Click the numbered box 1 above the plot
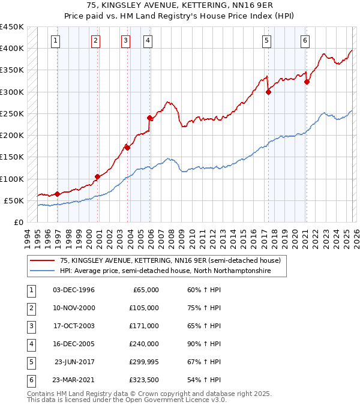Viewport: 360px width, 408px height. [x=55, y=41]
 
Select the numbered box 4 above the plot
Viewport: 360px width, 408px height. [x=147, y=41]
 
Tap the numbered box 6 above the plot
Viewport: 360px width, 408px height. [x=305, y=41]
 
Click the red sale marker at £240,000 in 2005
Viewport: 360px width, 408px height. [x=150, y=118]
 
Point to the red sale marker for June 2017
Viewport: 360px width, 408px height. [x=268, y=92]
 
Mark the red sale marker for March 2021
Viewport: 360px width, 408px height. [x=307, y=82]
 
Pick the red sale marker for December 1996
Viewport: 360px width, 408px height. [x=58, y=194]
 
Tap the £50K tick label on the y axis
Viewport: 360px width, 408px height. [x=14, y=200]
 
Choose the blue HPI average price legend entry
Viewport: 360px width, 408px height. [x=165, y=271]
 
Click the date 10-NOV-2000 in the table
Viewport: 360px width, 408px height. [x=74, y=308]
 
